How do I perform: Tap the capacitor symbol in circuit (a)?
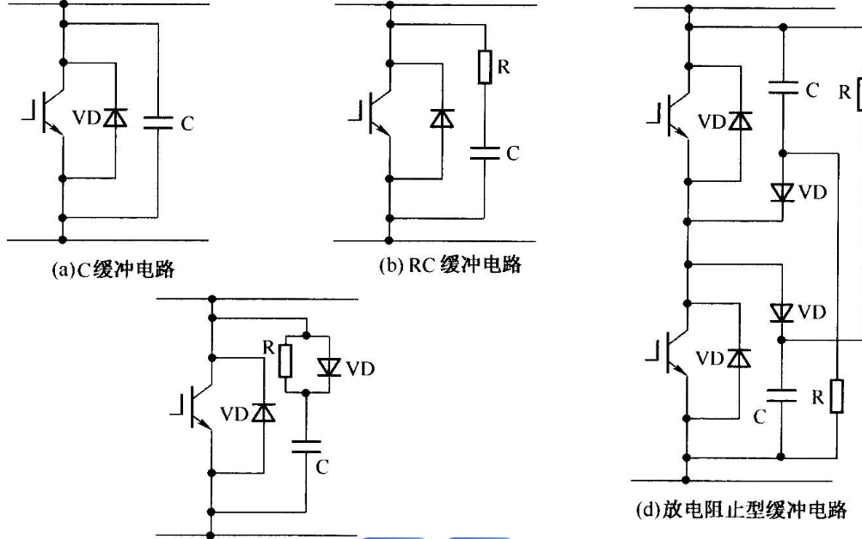point(159,124)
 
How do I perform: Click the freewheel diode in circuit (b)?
point(443,118)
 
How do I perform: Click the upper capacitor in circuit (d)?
point(782,86)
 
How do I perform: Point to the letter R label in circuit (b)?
point(504,66)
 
